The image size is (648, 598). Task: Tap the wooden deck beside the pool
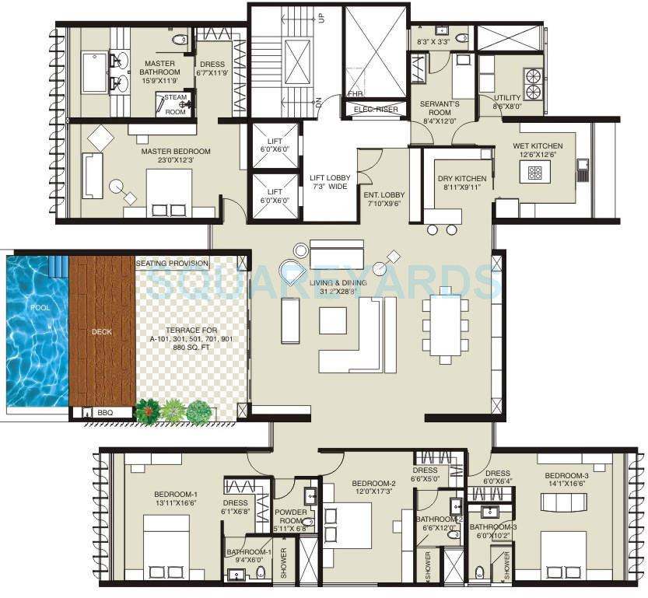[x=101, y=330]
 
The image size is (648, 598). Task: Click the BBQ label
[x=104, y=412]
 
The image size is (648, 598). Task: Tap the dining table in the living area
[x=446, y=326]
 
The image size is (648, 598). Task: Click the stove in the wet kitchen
[x=536, y=173]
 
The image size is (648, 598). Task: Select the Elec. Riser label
[x=376, y=110]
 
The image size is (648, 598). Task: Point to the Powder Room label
[x=290, y=517]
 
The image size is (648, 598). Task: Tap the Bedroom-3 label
[x=566, y=476]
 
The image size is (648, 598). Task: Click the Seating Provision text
[x=172, y=263]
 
